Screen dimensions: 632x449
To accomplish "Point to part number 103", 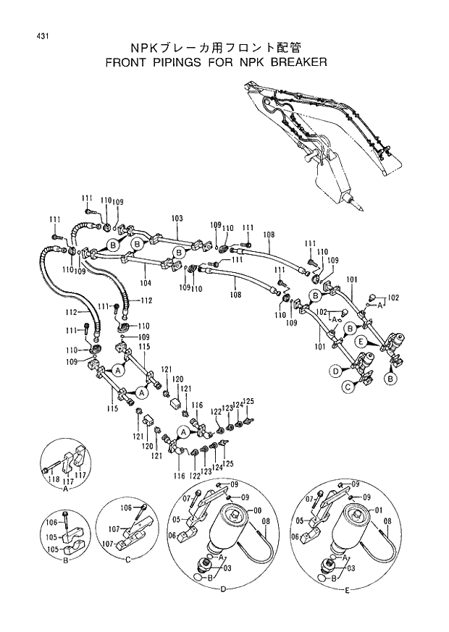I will [x=177, y=218].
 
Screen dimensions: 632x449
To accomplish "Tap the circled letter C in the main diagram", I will [x=348, y=387].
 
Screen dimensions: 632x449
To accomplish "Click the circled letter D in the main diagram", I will [x=336, y=371].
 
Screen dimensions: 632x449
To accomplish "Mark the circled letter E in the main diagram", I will [x=360, y=340].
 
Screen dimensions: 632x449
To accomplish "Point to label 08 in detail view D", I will [x=267, y=521].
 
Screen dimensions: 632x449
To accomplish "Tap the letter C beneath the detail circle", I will [x=127, y=560].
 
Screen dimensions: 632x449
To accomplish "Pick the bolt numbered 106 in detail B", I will [x=65, y=516].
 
